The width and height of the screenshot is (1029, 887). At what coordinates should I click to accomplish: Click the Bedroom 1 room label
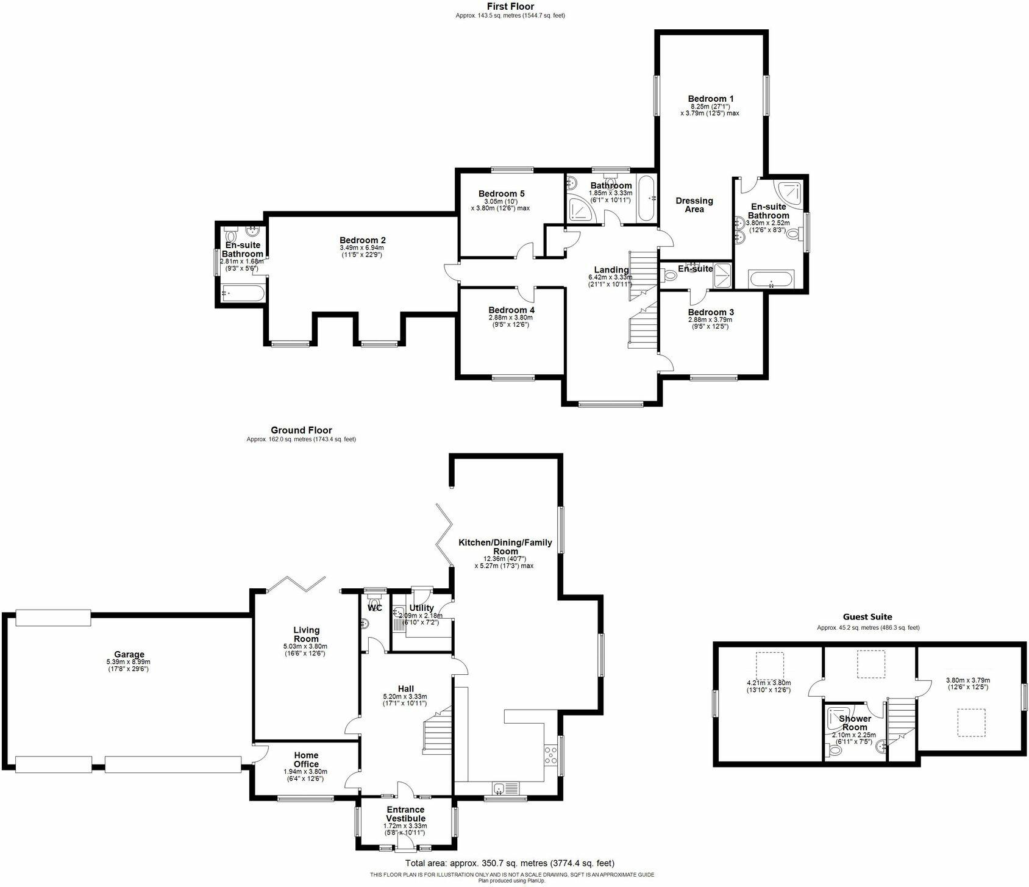[x=710, y=98]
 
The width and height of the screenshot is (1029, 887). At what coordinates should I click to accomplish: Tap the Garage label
[x=129, y=654]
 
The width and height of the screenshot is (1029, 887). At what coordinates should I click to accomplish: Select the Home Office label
[x=306, y=760]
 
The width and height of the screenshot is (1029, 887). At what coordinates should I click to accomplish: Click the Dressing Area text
[x=694, y=205]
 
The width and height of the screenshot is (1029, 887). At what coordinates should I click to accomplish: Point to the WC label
[x=375, y=608]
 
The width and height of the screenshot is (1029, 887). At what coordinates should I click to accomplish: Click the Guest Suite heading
[x=867, y=617]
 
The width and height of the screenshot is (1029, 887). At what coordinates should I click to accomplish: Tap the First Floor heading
[x=510, y=6]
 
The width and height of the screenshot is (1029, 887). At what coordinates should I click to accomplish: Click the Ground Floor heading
[x=301, y=430]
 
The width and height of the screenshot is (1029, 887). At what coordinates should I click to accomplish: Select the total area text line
[x=510, y=863]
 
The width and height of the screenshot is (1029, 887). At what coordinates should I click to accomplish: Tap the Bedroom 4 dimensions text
[x=510, y=321]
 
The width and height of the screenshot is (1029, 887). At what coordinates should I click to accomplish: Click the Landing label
[x=611, y=270]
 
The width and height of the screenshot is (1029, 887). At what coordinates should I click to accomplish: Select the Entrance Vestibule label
[x=405, y=813]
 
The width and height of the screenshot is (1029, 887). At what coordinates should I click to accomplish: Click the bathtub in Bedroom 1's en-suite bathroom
[x=771, y=280]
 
